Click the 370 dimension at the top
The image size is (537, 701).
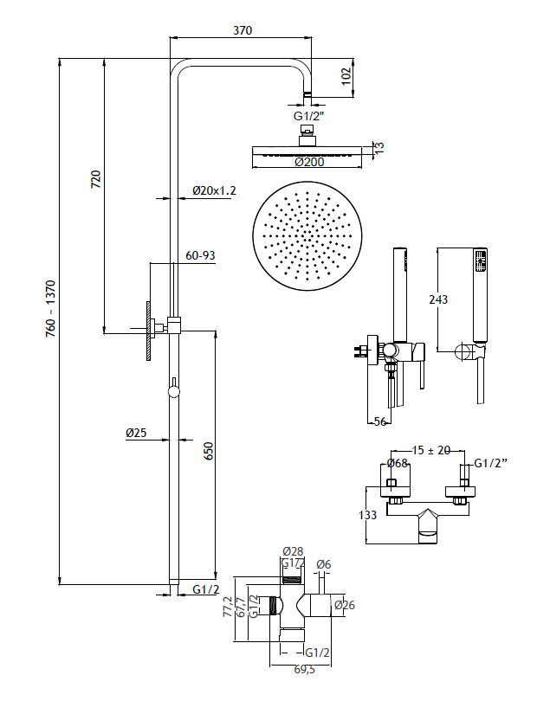pyautogui.click(x=243, y=30)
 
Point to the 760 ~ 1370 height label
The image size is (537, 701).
pyautogui.click(x=51, y=308)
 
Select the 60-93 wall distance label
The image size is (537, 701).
pyautogui.click(x=201, y=255)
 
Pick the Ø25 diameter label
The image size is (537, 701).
pyautogui.click(x=135, y=432)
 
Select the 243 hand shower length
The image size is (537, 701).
pyautogui.click(x=439, y=299)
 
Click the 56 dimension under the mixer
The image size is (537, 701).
pyautogui.click(x=378, y=421)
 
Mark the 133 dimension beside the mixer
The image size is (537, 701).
pyautogui.click(x=367, y=515)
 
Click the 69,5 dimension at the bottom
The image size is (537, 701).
pyautogui.click(x=306, y=670)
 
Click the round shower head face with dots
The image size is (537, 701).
pyautogui.click(x=307, y=235)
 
